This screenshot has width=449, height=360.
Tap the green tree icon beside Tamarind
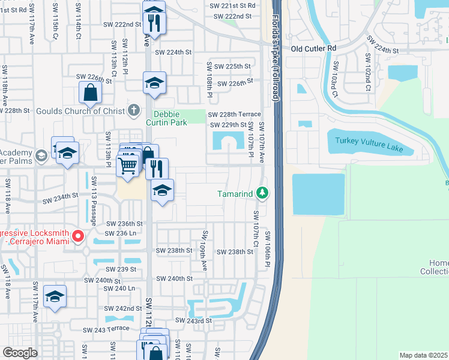click(x=262, y=193)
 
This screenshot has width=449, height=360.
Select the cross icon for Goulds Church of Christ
click(x=133, y=110)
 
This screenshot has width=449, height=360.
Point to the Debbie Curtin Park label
click(x=170, y=118)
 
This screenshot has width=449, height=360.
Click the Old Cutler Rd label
click(x=314, y=48)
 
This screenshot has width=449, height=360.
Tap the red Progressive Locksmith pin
click(x=77, y=237)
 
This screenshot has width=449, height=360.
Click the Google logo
click(x=20, y=353)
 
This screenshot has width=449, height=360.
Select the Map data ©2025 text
click(x=423, y=355)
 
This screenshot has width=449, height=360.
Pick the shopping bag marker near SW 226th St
click(x=90, y=93)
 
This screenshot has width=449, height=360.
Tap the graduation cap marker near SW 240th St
click(x=55, y=296)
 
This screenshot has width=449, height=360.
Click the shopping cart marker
click(x=127, y=164)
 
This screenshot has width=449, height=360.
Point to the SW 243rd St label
click(x=193, y=321)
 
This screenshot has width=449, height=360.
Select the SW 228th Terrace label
click(x=235, y=114)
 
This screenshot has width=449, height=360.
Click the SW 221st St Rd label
click(x=233, y=5)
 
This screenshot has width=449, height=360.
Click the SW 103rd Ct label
click(x=335, y=79)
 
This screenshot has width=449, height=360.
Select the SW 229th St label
click(x=228, y=125)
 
